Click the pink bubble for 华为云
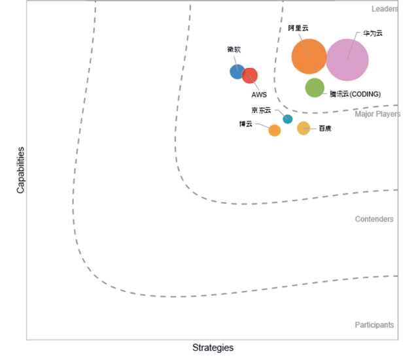pyautogui.click(x=347, y=59)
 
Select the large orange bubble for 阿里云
pyautogui.click(x=309, y=57)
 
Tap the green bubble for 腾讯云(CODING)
pyautogui.click(x=315, y=88)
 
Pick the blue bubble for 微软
pyautogui.click(x=237, y=71)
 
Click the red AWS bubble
pyautogui.click(x=250, y=76)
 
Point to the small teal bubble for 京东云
pyautogui.click(x=288, y=119)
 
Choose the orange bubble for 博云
pyautogui.click(x=275, y=130)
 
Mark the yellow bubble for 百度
pyautogui.click(x=303, y=128)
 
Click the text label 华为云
pyautogui.click(x=373, y=33)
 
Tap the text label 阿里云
pyautogui.click(x=298, y=29)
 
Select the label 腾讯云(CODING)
pyautogui.click(x=355, y=94)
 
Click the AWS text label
pyautogui.click(x=259, y=95)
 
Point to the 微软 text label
pyautogui.click(x=234, y=50)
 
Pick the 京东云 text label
pyautogui.click(x=261, y=110)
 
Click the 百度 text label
pyautogui.click(x=324, y=128)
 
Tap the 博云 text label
pyautogui.click(x=245, y=123)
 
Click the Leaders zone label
pyautogui.click(x=385, y=9)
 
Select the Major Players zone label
pyautogui.click(x=377, y=114)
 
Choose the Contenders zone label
pyautogui.click(x=374, y=219)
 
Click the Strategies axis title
pyautogui.click(x=213, y=348)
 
